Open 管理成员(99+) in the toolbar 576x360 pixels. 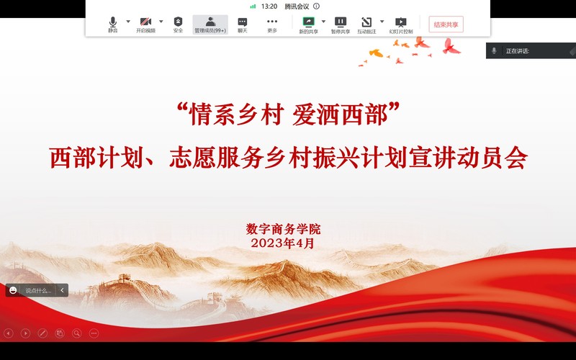point(210,24)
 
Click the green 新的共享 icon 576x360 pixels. point(309,22)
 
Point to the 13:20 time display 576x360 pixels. point(269,6)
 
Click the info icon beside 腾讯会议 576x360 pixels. point(316,6)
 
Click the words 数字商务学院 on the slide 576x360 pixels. point(283,229)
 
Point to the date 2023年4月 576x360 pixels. point(282,243)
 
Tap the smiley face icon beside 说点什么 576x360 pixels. point(13,291)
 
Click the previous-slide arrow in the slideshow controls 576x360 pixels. point(8,333)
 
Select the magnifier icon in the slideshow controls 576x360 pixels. point(77,333)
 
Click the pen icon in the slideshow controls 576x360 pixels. point(42,333)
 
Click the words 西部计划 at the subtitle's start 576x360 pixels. point(96,158)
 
